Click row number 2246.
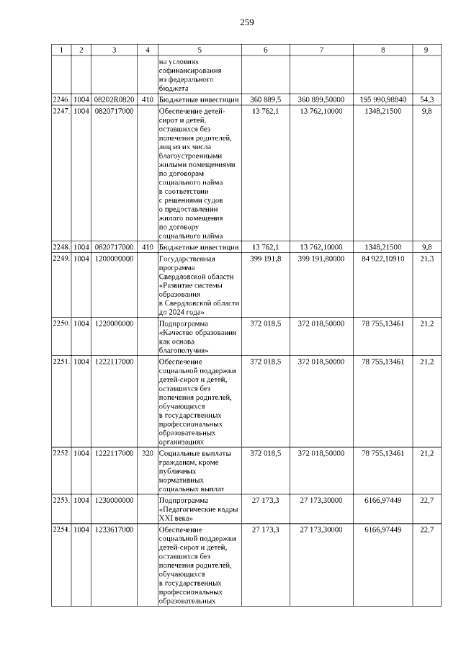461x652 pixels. tap(61, 99)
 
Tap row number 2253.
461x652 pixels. tap(61, 499)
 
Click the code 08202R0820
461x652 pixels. tap(114, 99)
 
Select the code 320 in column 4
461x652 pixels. tap(147, 453)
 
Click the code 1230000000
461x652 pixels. tap(114, 499)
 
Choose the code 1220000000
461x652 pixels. tap(114, 323)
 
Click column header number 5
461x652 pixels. tap(199, 50)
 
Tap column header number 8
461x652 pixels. tap(382, 50)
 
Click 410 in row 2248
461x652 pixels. tap(147, 246)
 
